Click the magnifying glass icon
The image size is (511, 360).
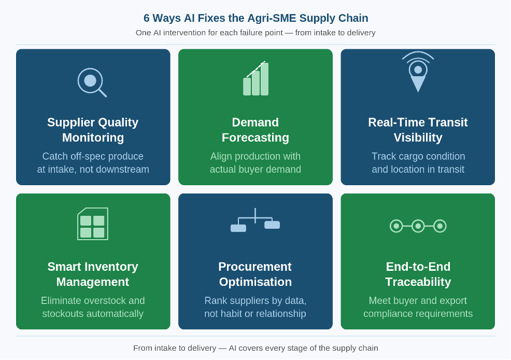(x=91, y=81)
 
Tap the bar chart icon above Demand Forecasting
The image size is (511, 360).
(x=255, y=79)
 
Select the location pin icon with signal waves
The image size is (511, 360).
(x=418, y=73)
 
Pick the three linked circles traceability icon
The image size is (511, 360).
(x=418, y=226)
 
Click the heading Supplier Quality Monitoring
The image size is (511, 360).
(x=93, y=130)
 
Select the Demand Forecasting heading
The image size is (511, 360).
(x=255, y=130)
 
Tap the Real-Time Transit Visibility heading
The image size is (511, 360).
(x=418, y=130)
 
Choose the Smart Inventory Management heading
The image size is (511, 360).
(x=93, y=274)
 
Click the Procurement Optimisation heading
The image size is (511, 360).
(x=255, y=274)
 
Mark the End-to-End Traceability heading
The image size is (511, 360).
(x=418, y=274)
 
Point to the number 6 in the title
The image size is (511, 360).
(x=147, y=18)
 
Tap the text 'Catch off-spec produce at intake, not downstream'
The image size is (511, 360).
(x=93, y=163)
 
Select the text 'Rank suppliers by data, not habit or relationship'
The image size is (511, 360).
(x=255, y=307)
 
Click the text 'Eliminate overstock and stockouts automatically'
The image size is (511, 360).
(x=93, y=307)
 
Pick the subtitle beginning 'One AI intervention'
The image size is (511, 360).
(x=255, y=33)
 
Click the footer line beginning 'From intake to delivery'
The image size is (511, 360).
(x=255, y=348)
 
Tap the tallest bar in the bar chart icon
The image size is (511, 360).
(x=264, y=79)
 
